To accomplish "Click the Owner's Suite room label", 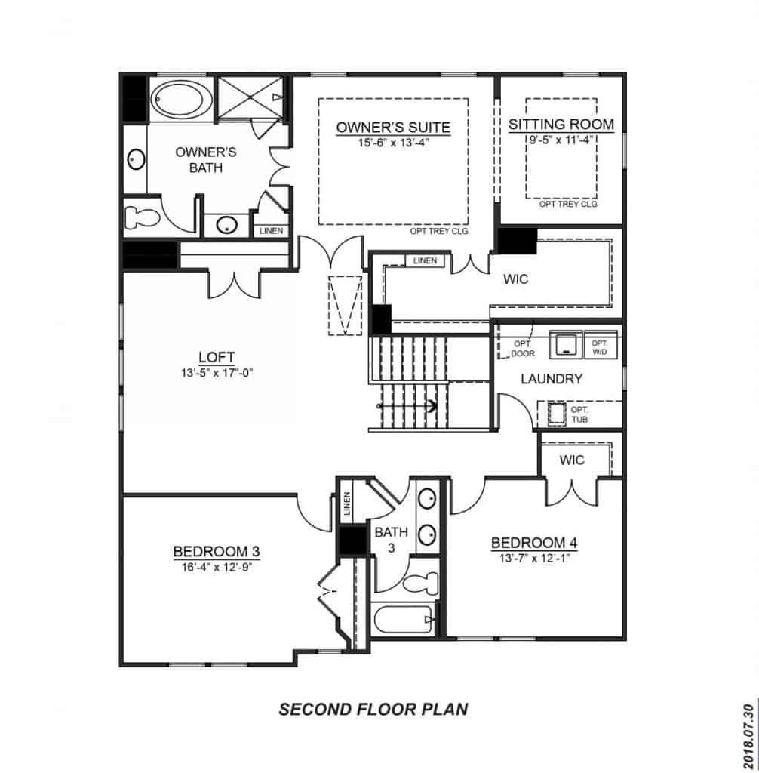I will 393,127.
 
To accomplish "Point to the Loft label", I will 217,357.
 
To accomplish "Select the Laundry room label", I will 552,379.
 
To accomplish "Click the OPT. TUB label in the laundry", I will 579,414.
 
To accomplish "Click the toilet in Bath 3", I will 419,584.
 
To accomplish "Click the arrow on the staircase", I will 432,406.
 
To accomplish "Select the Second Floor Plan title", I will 373,709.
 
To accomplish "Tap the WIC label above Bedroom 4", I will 573,460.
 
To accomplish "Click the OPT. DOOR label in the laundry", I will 522,348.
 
